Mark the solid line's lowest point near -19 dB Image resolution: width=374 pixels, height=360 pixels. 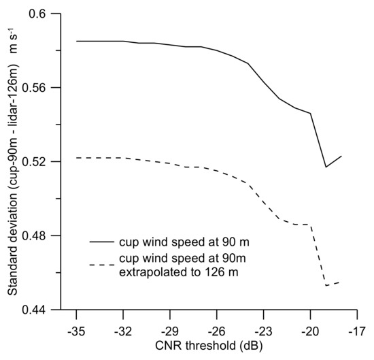[326, 167]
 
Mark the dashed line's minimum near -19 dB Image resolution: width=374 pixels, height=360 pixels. [326, 285]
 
